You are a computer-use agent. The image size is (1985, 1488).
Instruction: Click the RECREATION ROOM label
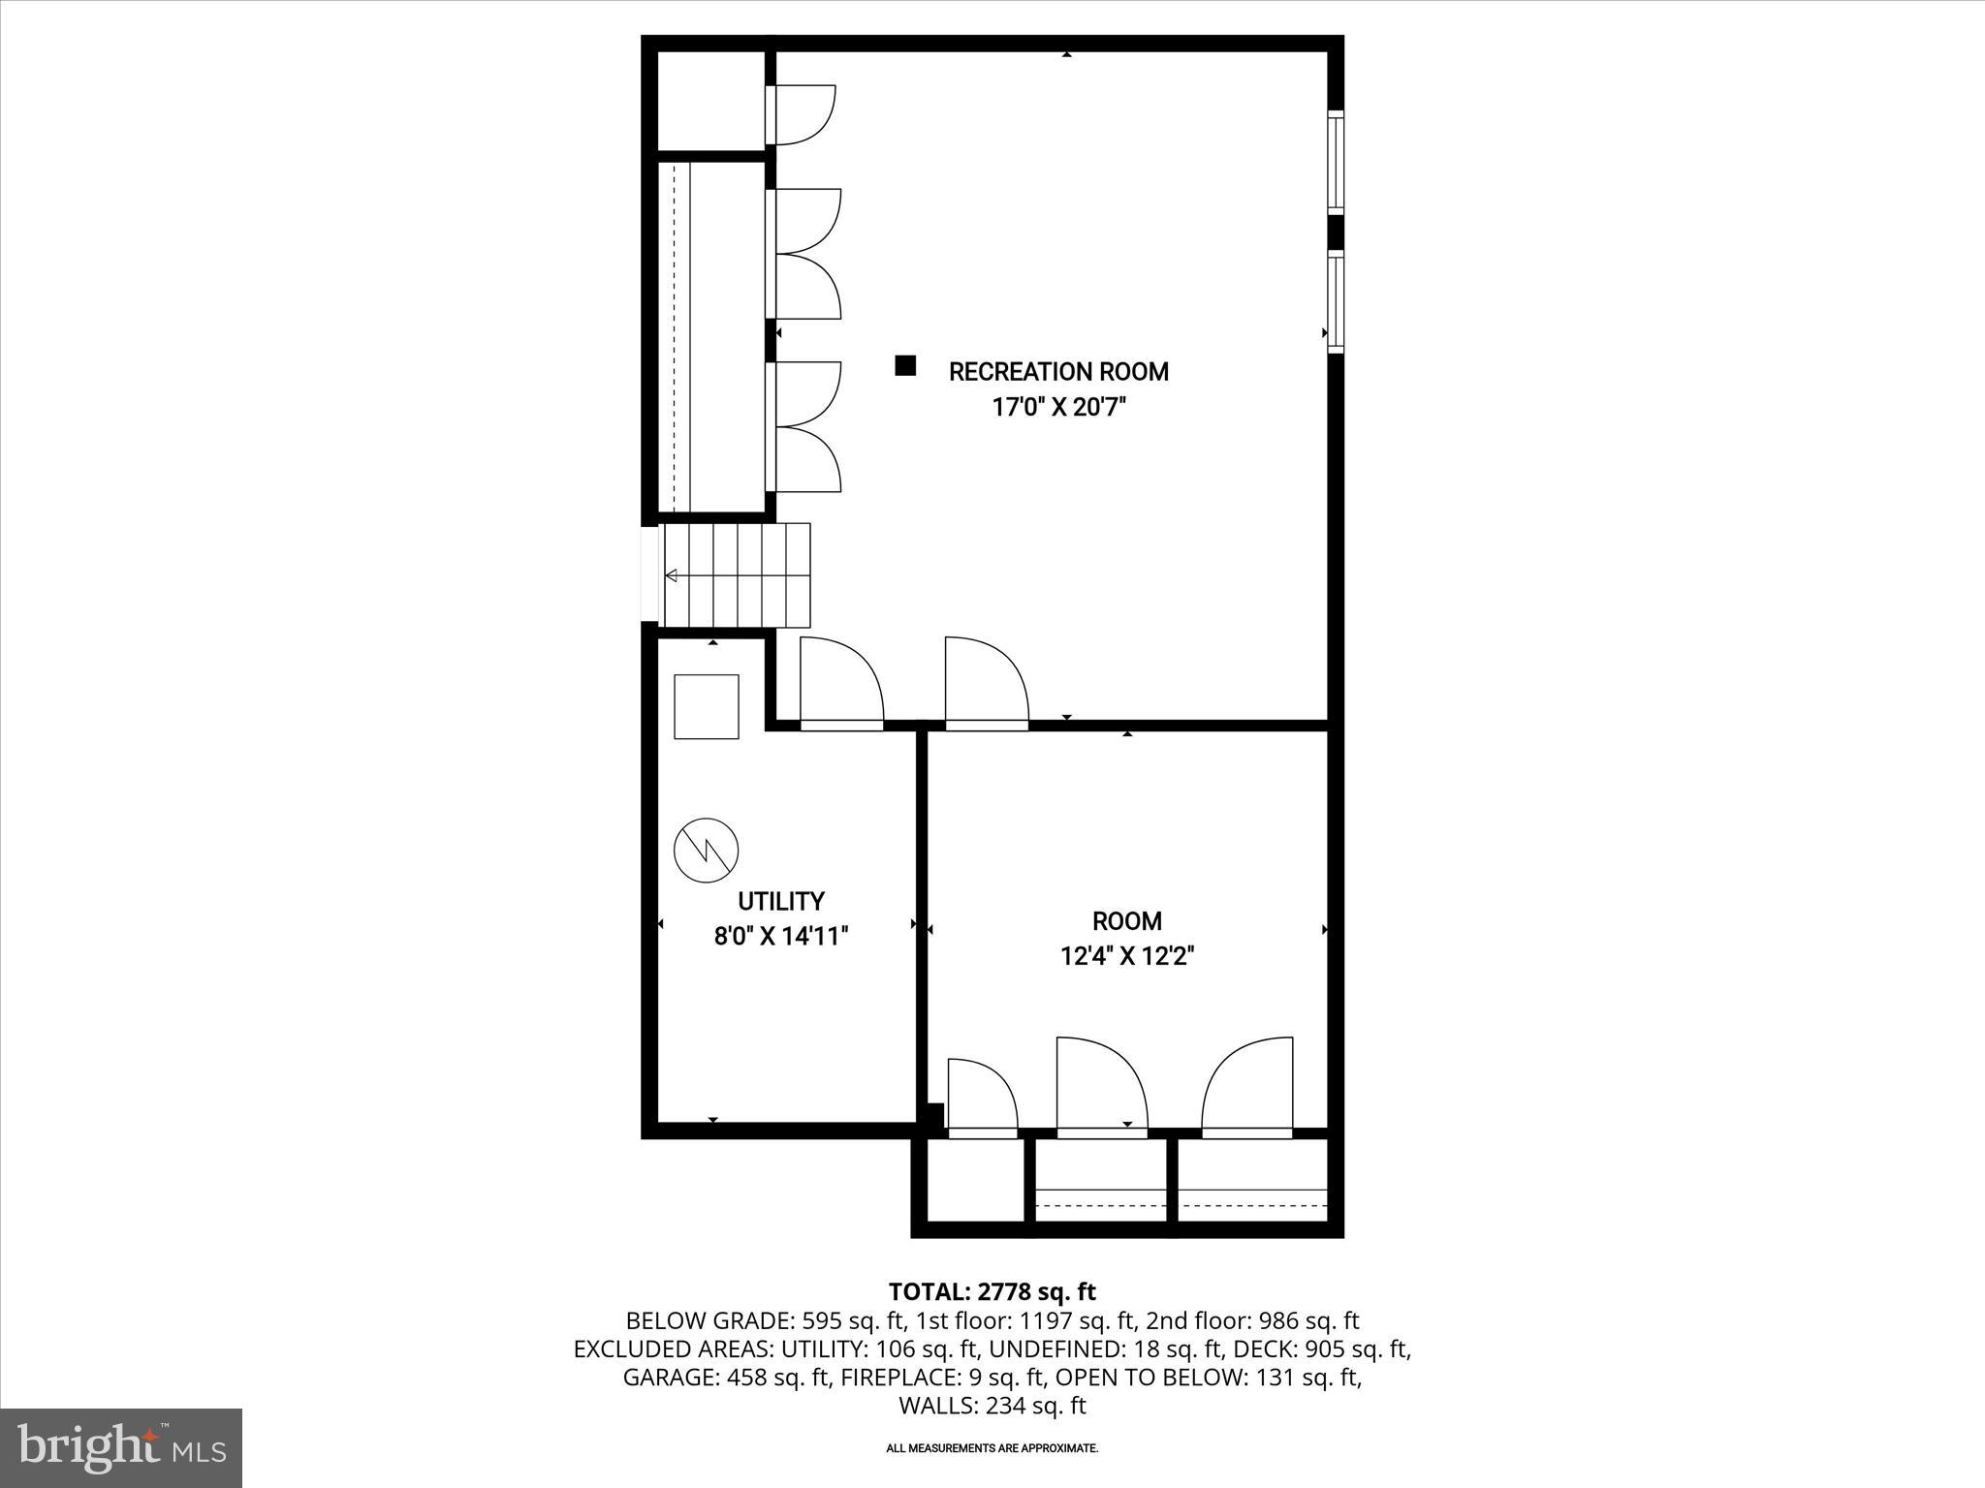click(1058, 372)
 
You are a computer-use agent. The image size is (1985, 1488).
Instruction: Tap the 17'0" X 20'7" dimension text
click(1058, 408)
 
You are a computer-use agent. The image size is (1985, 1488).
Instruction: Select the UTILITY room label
click(780, 902)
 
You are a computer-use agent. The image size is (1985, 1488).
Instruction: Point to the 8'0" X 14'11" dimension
click(780, 937)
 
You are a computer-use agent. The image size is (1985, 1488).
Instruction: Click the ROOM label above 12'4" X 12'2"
click(1126, 921)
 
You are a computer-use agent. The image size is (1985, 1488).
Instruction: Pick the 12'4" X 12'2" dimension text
click(1126, 957)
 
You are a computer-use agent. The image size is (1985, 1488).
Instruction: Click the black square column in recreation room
click(905, 365)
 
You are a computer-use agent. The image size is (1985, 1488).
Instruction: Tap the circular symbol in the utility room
click(706, 851)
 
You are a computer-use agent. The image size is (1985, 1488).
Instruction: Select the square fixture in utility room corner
click(706, 706)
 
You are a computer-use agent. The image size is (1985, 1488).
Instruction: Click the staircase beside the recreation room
click(737, 575)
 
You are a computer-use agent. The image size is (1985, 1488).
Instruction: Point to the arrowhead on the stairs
click(671, 576)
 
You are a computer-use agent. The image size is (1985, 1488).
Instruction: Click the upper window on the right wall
click(1336, 162)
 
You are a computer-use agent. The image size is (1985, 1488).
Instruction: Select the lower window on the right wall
click(1336, 301)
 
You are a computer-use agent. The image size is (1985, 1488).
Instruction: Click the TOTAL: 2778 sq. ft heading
click(992, 1292)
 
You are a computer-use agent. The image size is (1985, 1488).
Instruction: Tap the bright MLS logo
click(121, 1447)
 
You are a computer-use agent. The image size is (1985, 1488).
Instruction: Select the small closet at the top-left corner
click(711, 101)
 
